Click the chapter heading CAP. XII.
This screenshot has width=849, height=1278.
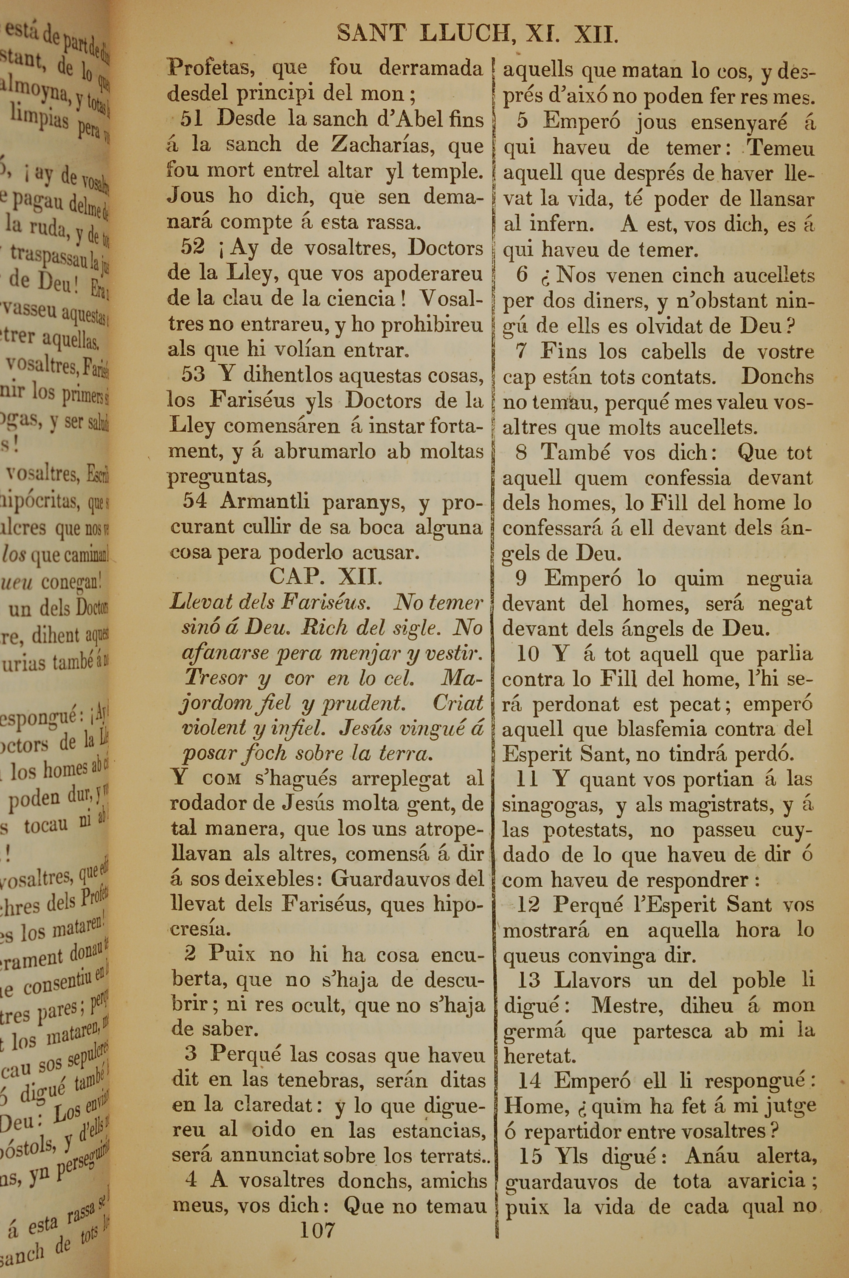click(326, 577)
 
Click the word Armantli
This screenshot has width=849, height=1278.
click(265, 500)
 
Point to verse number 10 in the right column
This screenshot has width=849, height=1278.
click(529, 654)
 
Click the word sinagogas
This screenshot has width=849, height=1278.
click(552, 805)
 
